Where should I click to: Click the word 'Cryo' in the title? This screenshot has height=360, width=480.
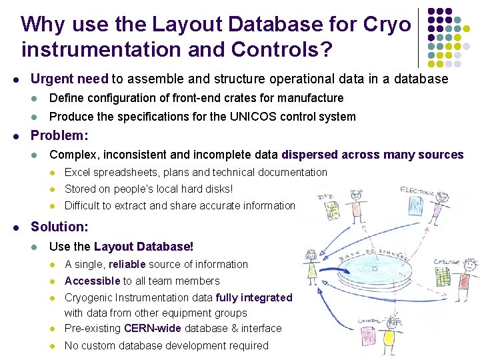[387, 25]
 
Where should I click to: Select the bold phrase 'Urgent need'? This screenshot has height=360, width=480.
[69, 79]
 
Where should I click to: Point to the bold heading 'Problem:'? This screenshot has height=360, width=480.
[59, 135]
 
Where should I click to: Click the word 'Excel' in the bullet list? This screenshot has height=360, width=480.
[77, 173]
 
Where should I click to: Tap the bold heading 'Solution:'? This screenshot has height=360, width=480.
[60, 227]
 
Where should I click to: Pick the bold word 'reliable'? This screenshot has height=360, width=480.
[131, 265]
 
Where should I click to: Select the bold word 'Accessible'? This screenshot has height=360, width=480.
[92, 281]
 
